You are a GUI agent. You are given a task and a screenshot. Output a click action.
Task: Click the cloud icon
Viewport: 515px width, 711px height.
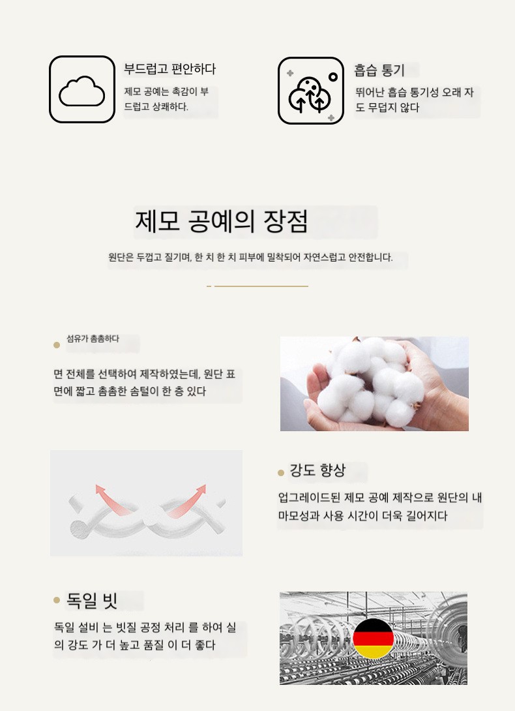click(x=81, y=91)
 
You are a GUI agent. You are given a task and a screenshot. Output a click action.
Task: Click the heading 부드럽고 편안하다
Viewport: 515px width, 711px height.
click(x=169, y=69)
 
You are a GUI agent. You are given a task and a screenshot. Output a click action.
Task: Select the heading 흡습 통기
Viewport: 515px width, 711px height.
click(x=379, y=70)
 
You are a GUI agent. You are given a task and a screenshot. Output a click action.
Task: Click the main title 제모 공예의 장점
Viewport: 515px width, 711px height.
click(x=222, y=221)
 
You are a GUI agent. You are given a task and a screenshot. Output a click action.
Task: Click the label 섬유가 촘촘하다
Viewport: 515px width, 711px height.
click(x=93, y=339)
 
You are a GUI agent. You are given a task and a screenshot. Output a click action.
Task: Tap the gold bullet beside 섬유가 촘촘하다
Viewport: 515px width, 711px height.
click(x=57, y=345)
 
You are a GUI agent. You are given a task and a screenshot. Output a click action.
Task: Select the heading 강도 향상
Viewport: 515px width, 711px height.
click(x=317, y=470)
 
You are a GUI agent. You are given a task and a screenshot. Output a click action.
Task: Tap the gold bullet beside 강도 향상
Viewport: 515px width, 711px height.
click(x=281, y=473)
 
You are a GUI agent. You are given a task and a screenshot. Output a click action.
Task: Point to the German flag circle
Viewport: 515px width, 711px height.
click(x=373, y=638)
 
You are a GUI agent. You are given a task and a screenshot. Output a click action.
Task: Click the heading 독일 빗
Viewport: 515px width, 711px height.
click(x=92, y=600)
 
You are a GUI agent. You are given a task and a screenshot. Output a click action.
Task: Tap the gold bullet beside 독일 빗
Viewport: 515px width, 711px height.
click(x=57, y=600)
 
